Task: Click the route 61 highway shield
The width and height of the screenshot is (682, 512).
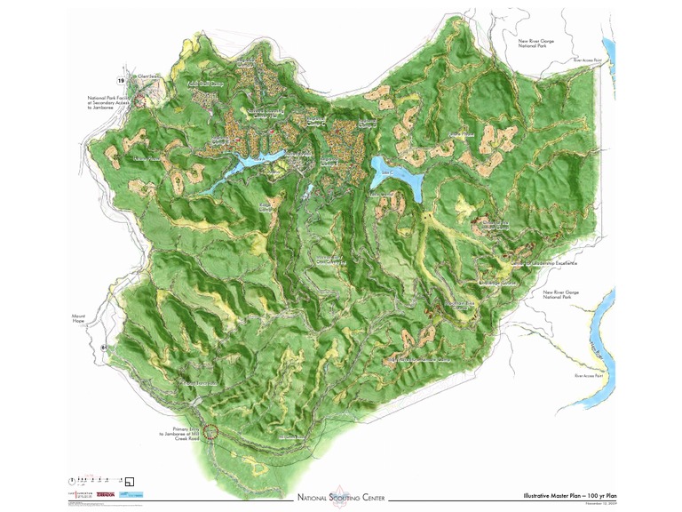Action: [105, 348]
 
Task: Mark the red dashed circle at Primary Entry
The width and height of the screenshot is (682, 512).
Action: [211, 433]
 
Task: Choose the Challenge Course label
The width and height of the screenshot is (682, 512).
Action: [497, 283]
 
